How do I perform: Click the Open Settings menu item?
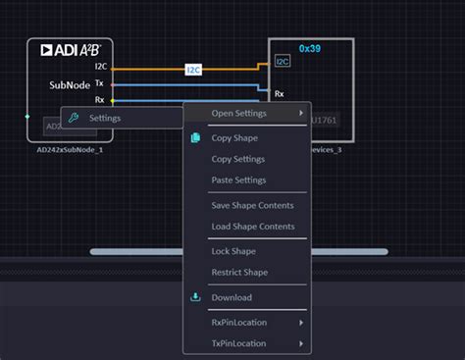point(238,114)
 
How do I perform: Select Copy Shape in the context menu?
point(234,137)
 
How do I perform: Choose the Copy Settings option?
point(238,159)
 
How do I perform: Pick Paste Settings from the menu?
point(238,180)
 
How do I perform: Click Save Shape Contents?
point(252,205)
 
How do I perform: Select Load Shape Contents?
point(252,227)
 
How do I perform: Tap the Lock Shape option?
point(233,251)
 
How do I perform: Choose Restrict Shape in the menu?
point(238,272)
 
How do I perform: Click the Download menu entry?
point(232,297)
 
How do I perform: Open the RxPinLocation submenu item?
point(238,322)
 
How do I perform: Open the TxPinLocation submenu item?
point(238,343)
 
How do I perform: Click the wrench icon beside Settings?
point(72,118)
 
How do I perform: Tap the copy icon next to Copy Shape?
point(195,137)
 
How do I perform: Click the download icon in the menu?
point(195,297)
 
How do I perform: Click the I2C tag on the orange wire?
point(193,70)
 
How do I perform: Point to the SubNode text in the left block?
point(70,85)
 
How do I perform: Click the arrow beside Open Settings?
point(301,114)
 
